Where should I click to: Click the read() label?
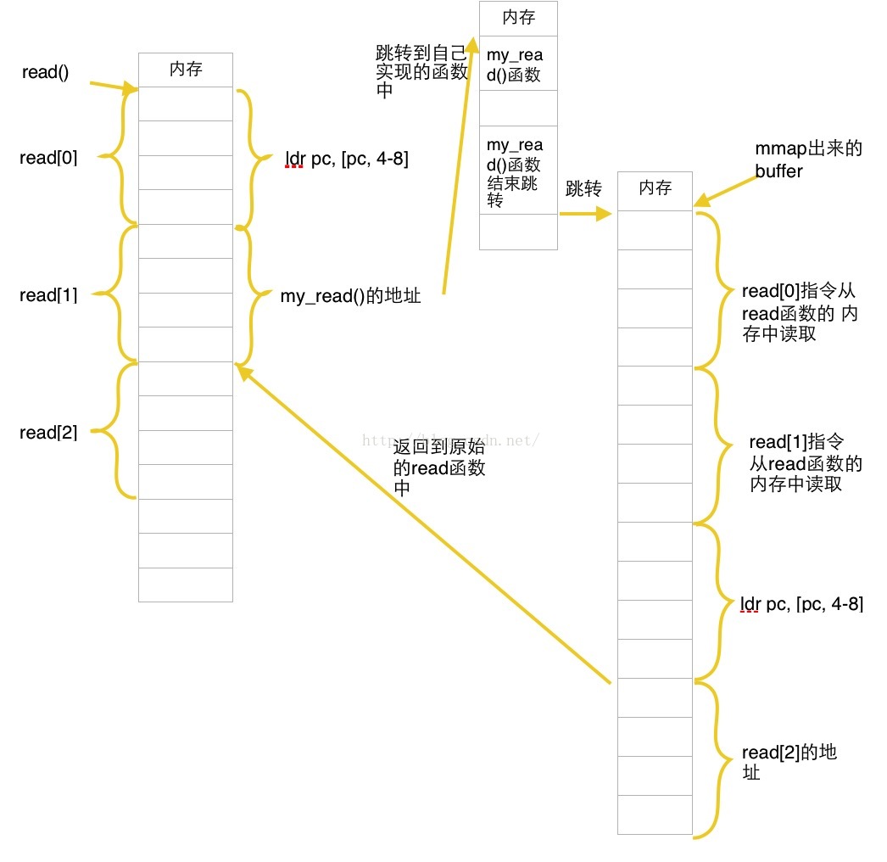(45, 73)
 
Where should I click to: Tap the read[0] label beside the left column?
(48, 157)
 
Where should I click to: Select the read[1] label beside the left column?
(48, 295)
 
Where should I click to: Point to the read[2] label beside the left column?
(48, 433)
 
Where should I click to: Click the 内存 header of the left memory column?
(186, 70)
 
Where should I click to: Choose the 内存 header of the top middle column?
(518, 18)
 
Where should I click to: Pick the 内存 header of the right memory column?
(655, 188)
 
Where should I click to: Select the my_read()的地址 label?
(350, 297)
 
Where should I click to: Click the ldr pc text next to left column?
(347, 160)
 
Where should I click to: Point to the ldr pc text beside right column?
(801, 604)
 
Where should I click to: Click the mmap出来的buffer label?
(807, 160)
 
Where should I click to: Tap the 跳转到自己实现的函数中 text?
(421, 72)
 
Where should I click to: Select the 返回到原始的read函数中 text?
(439, 467)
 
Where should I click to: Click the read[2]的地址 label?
(789, 762)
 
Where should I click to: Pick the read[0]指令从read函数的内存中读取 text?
(799, 312)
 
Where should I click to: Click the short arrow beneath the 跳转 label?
(584, 214)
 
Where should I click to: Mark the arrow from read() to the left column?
(113, 87)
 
